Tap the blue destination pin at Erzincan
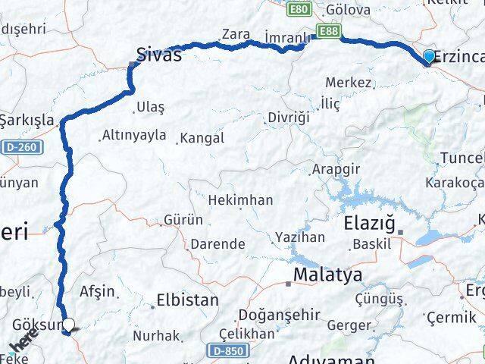[429, 57]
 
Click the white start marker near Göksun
[68, 326]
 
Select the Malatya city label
[327, 274]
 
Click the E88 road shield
[329, 31]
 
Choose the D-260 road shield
[17, 146]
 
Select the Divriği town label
[289, 118]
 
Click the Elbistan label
[187, 300]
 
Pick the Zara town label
[236, 34]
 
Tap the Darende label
[217, 244]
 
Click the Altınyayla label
[133, 136]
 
